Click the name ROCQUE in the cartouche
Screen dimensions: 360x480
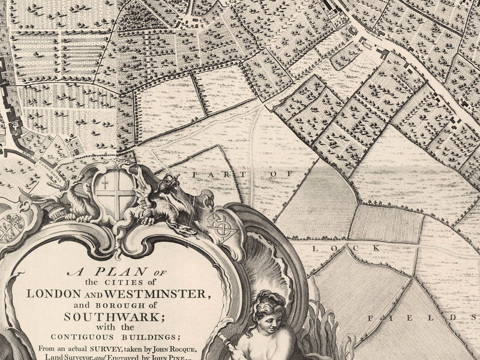[x=194, y=348]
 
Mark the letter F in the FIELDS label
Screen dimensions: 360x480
[x=371, y=317]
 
